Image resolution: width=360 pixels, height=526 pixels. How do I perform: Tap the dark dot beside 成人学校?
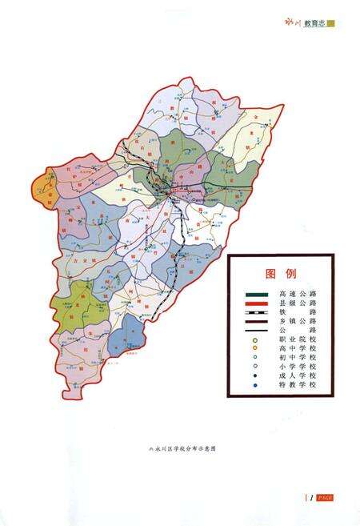point(254,375)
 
